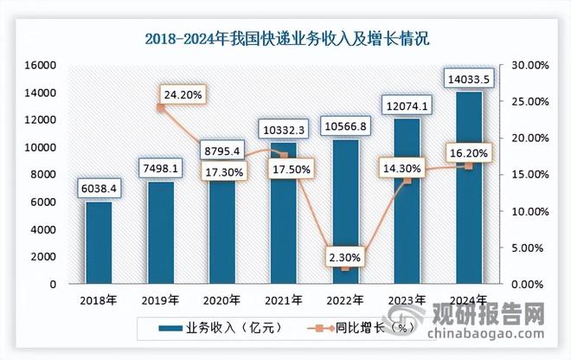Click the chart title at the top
tap(285, 39)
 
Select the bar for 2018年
tap(98, 242)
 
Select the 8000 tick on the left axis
tap(43, 175)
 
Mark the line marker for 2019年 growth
tap(160, 107)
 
